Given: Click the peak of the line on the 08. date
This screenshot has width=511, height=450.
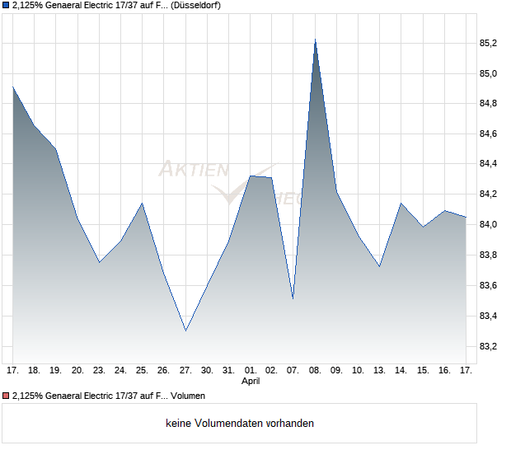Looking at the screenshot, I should coord(315,39).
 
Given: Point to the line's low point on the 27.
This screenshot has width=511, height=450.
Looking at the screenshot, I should coord(185,330).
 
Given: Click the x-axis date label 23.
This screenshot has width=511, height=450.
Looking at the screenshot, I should coord(99,370).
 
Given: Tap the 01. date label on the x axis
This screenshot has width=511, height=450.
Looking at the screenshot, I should coord(251,370).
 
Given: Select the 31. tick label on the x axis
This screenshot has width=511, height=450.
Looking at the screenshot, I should coord(229,370).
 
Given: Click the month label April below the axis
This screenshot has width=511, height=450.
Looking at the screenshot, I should coord(251,382).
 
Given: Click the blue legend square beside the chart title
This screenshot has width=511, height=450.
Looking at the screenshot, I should coord(6,6).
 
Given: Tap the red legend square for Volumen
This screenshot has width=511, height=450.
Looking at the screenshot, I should coord(6,396).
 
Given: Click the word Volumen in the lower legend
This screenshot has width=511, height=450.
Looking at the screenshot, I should coord(188,396).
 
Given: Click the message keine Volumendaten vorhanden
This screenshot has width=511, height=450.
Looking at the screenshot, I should coord(240,424).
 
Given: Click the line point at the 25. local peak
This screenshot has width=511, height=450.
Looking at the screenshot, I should coord(143,203).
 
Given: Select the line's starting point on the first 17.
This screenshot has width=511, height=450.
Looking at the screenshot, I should coord(13,87).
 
